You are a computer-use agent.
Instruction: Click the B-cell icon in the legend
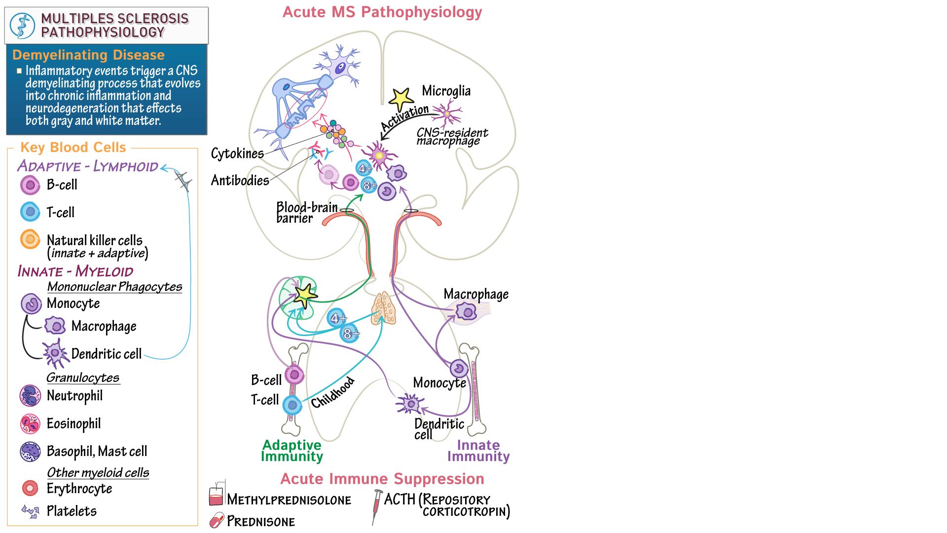[x=30, y=186]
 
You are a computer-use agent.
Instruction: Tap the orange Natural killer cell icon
[x=30, y=240]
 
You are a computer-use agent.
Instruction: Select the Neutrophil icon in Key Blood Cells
[x=30, y=396]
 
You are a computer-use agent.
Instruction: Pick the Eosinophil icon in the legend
[x=30, y=423]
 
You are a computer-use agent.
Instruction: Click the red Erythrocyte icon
[x=30, y=488]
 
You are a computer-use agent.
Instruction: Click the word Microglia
[x=446, y=91]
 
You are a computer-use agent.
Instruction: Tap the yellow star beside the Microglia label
[x=401, y=99]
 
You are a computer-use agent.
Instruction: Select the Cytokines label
[x=237, y=153]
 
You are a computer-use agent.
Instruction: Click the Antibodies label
[x=240, y=180]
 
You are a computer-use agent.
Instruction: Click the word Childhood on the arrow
[x=332, y=392]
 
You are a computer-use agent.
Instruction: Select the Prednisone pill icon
[x=217, y=520]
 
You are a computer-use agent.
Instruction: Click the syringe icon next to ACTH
[x=377, y=505]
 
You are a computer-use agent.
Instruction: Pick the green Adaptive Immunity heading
[x=291, y=451]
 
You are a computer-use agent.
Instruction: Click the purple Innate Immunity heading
[x=478, y=451]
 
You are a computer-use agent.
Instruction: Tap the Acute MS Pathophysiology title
[x=382, y=12]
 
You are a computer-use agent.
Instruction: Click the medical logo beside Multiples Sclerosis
[x=23, y=26]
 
